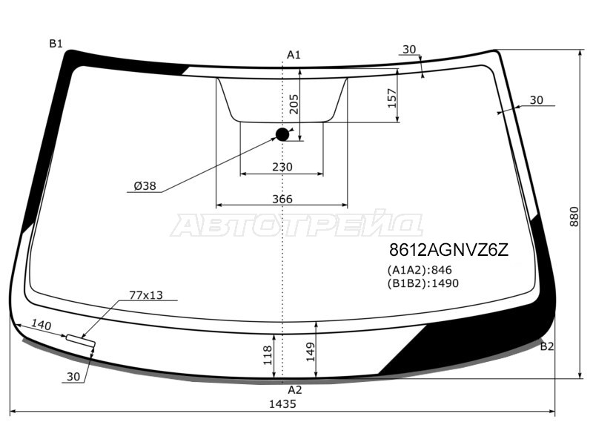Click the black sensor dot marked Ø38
282,134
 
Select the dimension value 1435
282,404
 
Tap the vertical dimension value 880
574,217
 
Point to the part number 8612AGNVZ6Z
449,250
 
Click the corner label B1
56,44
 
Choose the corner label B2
547,346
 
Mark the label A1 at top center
294,55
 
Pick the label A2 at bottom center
295,390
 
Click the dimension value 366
282,199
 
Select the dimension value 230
282,167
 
